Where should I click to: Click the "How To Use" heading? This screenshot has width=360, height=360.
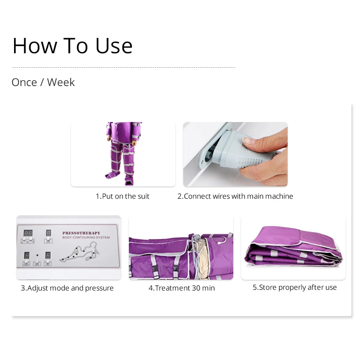pyautogui.click(x=72, y=46)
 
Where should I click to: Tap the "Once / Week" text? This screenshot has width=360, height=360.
pyautogui.click(x=43, y=82)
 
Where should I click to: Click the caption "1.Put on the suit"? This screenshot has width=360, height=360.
pyautogui.click(x=122, y=196)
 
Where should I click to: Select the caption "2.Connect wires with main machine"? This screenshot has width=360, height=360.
pyautogui.click(x=235, y=196)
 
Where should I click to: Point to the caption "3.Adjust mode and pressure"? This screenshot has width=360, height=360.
pyautogui.click(x=67, y=288)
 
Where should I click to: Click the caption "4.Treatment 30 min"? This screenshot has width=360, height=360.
pyautogui.click(x=181, y=288)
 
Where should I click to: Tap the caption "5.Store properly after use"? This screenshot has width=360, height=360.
pyautogui.click(x=294, y=287)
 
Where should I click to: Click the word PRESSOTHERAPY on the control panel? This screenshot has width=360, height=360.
pyautogui.click(x=81, y=233)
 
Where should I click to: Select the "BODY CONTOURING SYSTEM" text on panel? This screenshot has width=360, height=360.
pyautogui.click(x=86, y=238)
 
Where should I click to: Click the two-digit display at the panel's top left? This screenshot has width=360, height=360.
pyautogui.click(x=28, y=233)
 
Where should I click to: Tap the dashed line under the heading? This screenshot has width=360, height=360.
pyautogui.click(x=123, y=67)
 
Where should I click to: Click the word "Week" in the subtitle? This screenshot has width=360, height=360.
pyautogui.click(x=61, y=82)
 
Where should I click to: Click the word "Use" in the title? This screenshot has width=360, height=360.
pyautogui.click(x=114, y=46)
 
